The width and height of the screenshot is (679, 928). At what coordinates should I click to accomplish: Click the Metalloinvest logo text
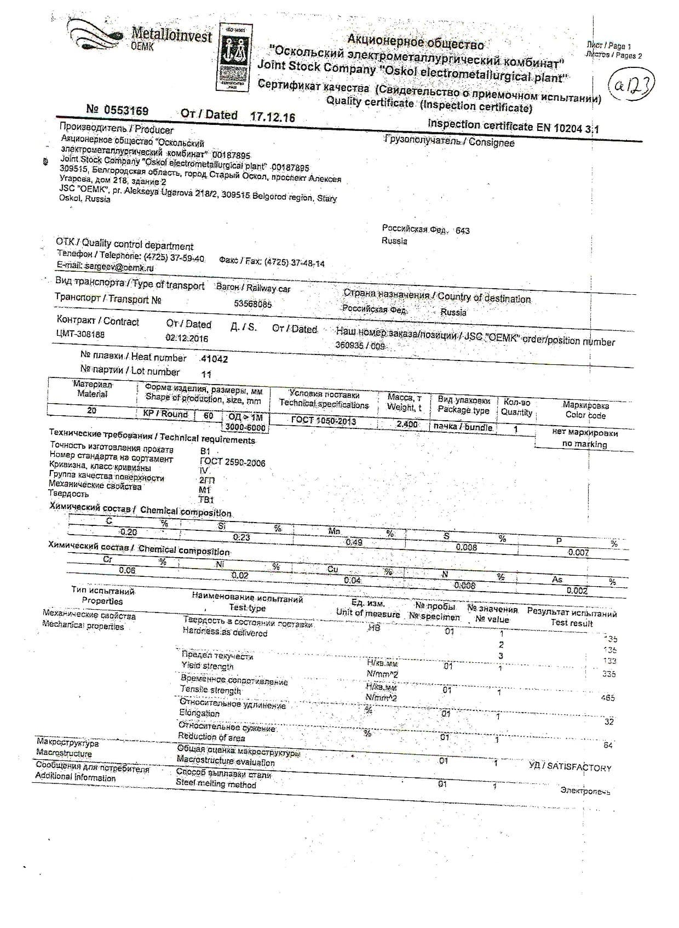[x=171, y=36]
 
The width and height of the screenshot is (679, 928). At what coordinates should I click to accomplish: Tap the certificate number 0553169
[x=125, y=111]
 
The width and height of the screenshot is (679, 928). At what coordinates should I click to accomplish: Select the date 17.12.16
[x=272, y=117]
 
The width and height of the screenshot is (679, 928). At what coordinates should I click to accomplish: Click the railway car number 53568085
[x=252, y=304]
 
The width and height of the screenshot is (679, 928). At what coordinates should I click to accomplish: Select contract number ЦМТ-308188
[x=80, y=334]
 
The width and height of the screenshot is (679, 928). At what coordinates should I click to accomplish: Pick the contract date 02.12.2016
[x=187, y=338]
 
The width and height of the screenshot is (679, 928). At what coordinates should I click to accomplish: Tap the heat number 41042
[x=214, y=359]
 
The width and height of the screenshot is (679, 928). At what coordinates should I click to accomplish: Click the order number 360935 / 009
[x=360, y=346]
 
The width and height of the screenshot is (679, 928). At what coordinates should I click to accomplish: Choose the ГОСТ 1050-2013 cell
[x=323, y=421]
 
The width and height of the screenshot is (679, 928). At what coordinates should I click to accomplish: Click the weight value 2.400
[x=407, y=424]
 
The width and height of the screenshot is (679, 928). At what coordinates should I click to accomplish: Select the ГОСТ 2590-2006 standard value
[x=232, y=462]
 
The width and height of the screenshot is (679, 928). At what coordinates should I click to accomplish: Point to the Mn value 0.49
[x=354, y=542]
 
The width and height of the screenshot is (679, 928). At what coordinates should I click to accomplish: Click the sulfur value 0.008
[x=466, y=547]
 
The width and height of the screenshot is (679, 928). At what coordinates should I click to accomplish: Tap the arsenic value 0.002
[x=577, y=591]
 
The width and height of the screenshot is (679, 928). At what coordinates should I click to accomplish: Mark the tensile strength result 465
[x=608, y=698]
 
